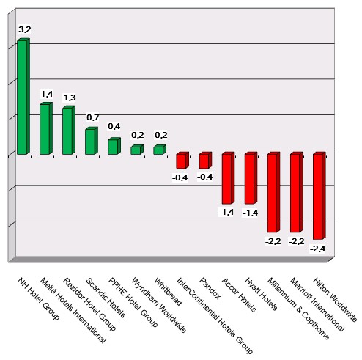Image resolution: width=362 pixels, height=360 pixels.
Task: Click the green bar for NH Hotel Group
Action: point(23,97)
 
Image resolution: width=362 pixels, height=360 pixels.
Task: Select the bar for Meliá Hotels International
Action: point(45,129)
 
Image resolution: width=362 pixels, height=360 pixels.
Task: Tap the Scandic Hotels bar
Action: point(90,142)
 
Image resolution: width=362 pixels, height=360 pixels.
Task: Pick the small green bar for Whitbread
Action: point(158,150)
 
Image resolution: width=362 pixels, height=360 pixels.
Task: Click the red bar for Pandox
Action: point(204,161)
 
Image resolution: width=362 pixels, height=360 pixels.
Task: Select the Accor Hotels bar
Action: point(227,178)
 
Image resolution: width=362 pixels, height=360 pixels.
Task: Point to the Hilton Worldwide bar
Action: point(318,196)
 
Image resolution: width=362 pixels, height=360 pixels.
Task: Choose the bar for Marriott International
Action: point(295,192)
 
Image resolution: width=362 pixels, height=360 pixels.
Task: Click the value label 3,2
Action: point(25,29)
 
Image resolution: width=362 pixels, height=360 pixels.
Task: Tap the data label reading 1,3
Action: point(70,98)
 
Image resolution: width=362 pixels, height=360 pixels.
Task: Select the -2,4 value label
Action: point(319,249)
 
